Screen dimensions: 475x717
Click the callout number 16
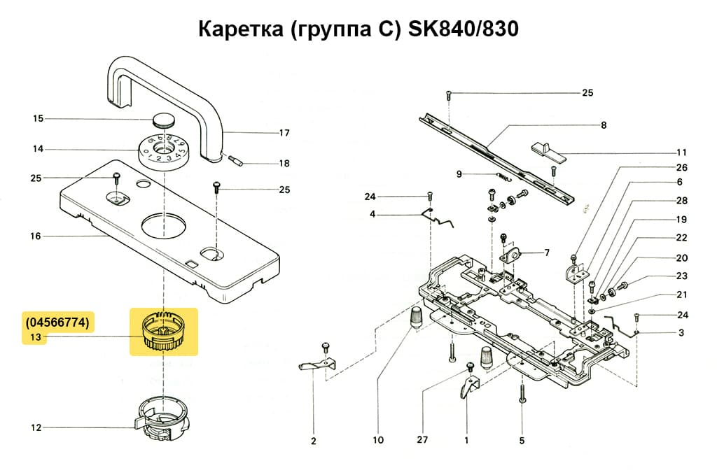[36, 236]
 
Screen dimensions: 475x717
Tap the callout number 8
[603, 125]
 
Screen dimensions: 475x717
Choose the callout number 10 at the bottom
[378, 441]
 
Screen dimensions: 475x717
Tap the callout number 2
[313, 441]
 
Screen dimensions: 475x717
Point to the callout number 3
[681, 332]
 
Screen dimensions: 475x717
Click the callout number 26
[681, 167]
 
